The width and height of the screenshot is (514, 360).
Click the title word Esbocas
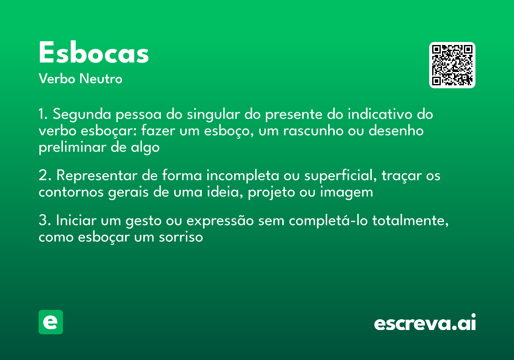click(94, 54)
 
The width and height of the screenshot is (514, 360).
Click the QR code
click(452, 65)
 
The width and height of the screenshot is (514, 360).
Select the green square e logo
click(51, 322)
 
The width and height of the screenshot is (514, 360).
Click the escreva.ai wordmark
click(425, 323)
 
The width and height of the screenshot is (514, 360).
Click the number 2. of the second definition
click(45, 176)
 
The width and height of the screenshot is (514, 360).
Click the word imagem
click(346, 192)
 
